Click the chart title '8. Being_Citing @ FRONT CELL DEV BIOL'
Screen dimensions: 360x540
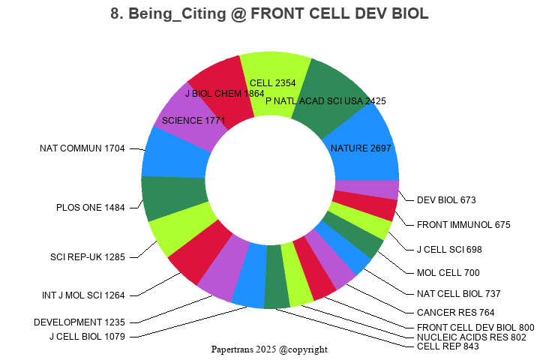point(269,14)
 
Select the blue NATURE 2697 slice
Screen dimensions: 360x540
point(364,142)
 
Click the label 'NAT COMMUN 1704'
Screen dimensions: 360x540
point(82,148)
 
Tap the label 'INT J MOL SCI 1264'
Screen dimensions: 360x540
point(83,295)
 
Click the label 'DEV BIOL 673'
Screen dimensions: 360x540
point(446,199)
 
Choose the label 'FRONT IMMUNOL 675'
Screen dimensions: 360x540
point(463,224)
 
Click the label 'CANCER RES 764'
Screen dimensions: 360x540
point(455,312)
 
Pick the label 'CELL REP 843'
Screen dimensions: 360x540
point(448,346)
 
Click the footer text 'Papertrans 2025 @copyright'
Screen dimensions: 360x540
point(269,349)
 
